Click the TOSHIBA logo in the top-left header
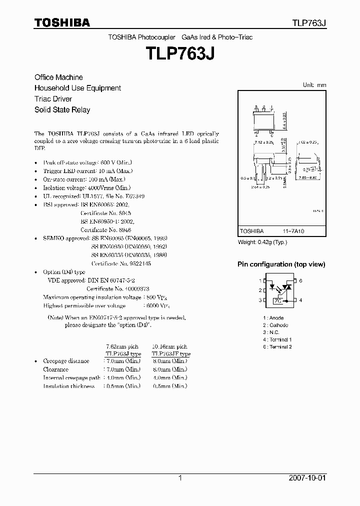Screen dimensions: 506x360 (x=62, y=22)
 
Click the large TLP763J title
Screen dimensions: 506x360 (x=180, y=53)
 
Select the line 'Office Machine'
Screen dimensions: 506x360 (x=58, y=77)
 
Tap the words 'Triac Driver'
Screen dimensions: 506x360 (x=53, y=99)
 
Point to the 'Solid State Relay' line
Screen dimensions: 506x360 (x=62, y=110)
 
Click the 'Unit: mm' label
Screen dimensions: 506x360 (x=314, y=85)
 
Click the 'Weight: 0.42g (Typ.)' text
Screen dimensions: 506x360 (x=263, y=242)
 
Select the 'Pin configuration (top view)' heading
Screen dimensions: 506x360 (x=281, y=264)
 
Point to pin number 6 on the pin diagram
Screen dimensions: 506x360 (x=301, y=281)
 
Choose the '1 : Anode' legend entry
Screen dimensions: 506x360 (x=273, y=318)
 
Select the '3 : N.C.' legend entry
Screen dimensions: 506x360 (x=271, y=332)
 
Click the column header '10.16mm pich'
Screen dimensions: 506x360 (x=168, y=346)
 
